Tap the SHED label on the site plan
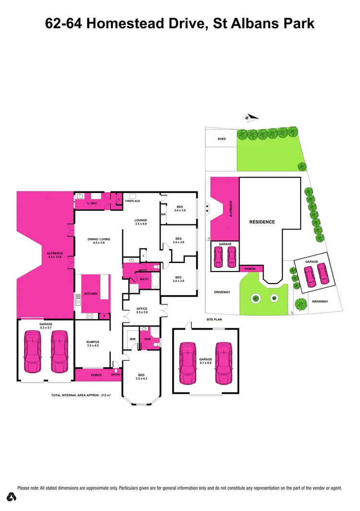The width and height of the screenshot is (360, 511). [x=221, y=139]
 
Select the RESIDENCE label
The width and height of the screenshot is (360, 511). [x=262, y=222]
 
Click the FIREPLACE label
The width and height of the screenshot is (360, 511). [x=132, y=201]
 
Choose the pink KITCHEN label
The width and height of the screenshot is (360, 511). [x=91, y=294]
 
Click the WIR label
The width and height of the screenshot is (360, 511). [x=133, y=339]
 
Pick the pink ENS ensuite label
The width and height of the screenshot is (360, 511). [x=147, y=339]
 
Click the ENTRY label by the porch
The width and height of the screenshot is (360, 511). [x=116, y=375]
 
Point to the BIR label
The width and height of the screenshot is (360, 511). [x=164, y=214]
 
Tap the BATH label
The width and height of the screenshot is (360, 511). [x=144, y=279]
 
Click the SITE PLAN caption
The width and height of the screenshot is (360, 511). [x=214, y=319]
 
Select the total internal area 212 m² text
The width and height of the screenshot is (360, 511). [x=81, y=395]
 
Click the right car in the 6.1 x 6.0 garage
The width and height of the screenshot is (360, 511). [x=223, y=363]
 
